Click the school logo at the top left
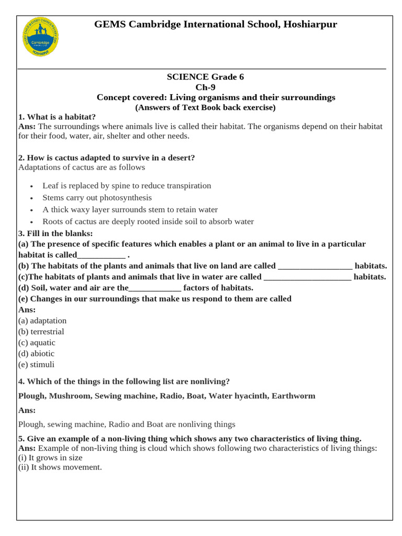coord(41,37)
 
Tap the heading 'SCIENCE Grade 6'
coord(205,76)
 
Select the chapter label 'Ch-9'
coord(205,87)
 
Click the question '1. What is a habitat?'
coord(57,117)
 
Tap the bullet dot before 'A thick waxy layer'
coord(32,210)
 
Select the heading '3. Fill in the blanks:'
coord(55,233)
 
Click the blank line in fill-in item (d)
coord(155,288)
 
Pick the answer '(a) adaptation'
coord(42,320)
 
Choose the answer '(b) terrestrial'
coord(41,331)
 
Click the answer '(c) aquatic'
coord(37,342)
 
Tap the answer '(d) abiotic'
coord(36,353)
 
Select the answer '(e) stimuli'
coord(36,364)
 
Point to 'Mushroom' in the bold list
coord(70,396)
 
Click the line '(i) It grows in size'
coord(50,457)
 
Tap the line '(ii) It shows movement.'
coord(60,467)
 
